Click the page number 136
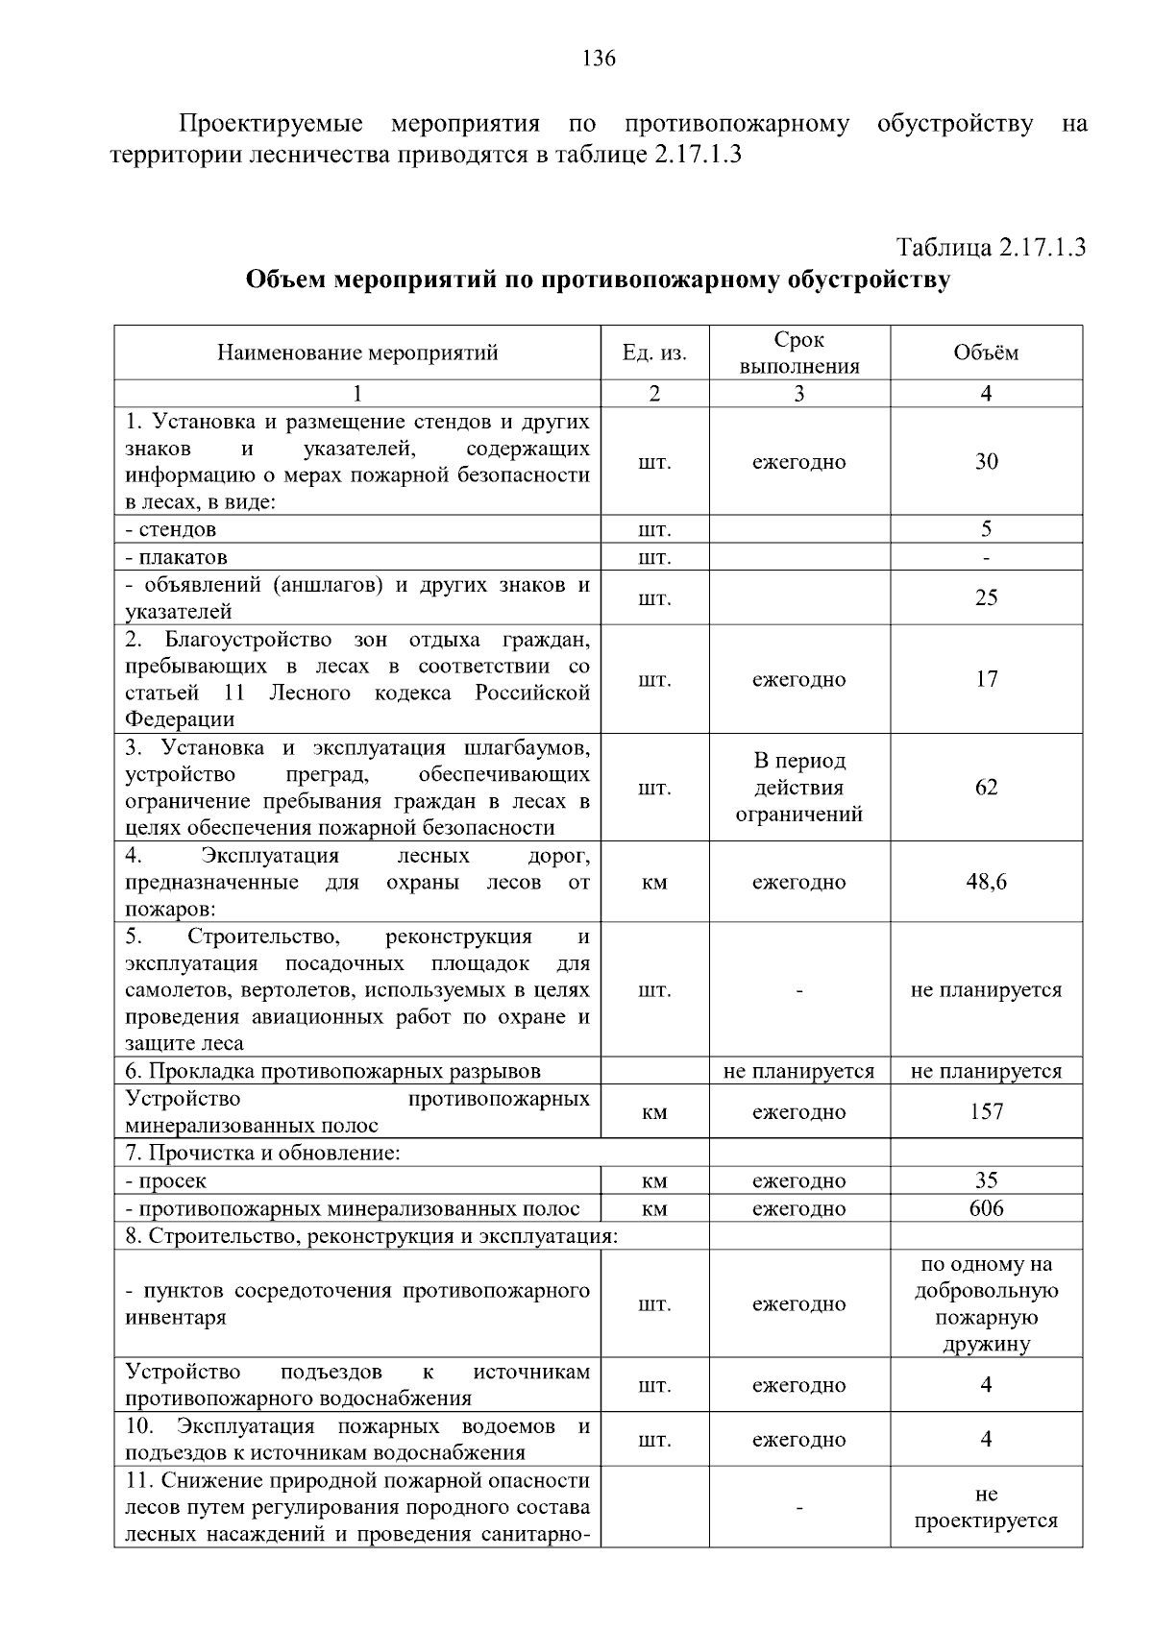click(599, 59)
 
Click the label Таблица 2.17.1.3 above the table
click(991, 247)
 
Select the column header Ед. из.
click(654, 353)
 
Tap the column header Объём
click(986, 353)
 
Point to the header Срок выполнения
click(798, 353)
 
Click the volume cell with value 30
click(986, 462)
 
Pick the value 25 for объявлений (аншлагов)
click(986, 597)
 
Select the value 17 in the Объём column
click(986, 679)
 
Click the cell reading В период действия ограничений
click(798, 788)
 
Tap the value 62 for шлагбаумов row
click(986, 788)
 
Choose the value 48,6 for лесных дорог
click(986, 882)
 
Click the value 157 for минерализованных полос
click(986, 1111)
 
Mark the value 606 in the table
click(986, 1208)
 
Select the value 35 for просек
click(986, 1180)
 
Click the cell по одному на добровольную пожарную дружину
click(986, 1303)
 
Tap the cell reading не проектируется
click(986, 1507)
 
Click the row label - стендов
click(171, 529)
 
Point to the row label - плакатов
click(177, 557)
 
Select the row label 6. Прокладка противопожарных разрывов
click(333, 1071)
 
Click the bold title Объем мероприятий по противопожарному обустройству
click(598, 280)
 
